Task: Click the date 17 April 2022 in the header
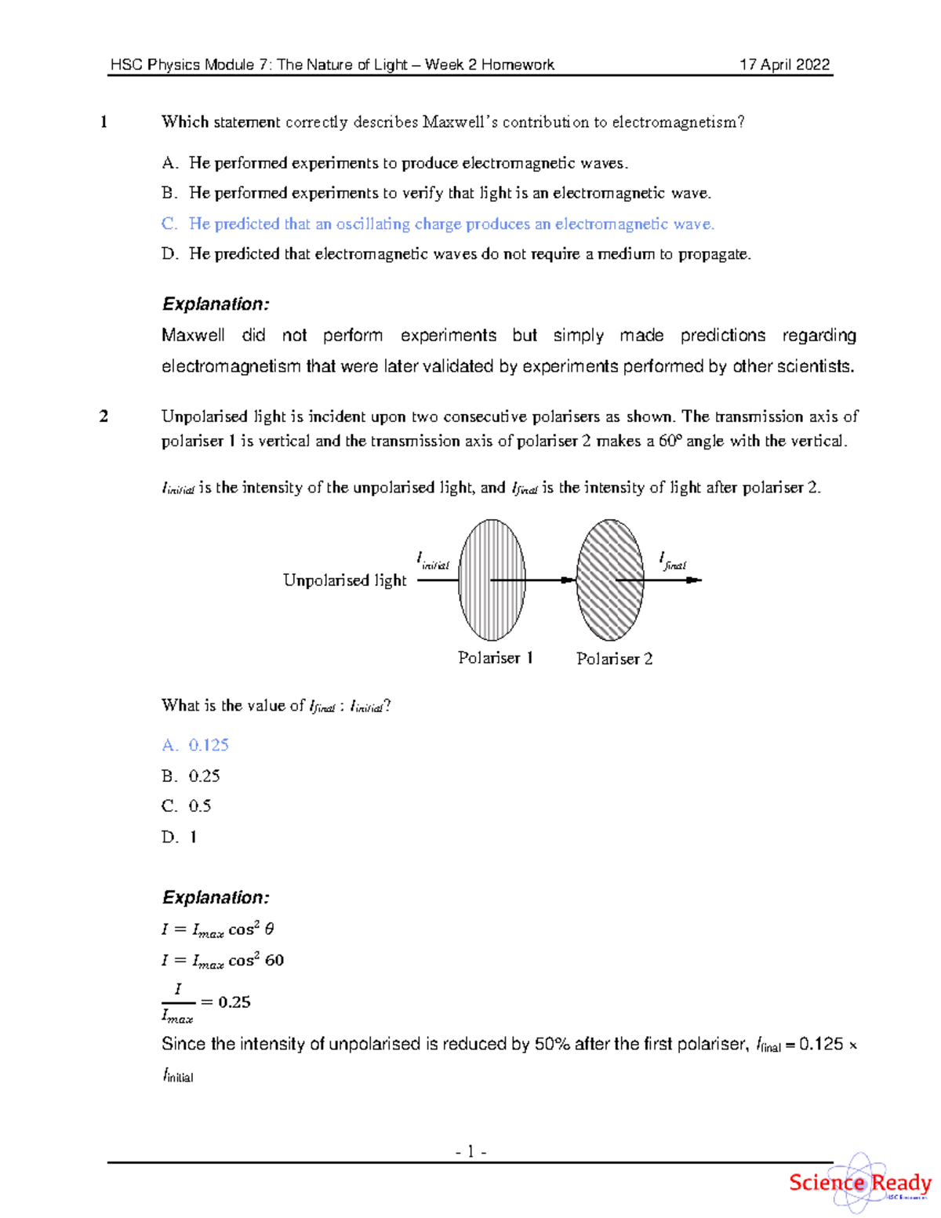(784, 65)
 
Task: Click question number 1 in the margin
(104, 122)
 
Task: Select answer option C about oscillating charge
(438, 224)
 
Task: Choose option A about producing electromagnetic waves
(394, 163)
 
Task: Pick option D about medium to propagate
(456, 254)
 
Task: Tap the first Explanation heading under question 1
(216, 304)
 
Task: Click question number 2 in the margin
(104, 416)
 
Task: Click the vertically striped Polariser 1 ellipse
(492, 580)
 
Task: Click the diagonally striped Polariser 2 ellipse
(610, 580)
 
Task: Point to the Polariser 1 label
(496, 658)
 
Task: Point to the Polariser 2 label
(614, 659)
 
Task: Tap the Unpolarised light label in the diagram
(344, 580)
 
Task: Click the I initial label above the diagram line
(432, 560)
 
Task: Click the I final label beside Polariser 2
(673, 560)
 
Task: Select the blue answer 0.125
(196, 745)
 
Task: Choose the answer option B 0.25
(191, 776)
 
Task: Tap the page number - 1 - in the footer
(470, 1151)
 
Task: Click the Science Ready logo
(859, 1183)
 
